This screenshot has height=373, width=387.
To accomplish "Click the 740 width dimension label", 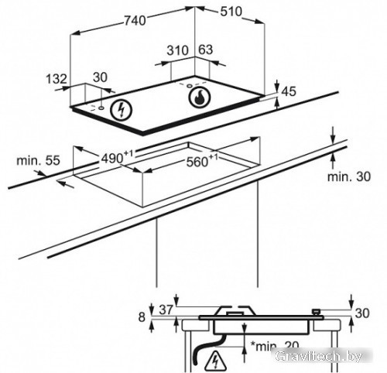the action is (135, 21).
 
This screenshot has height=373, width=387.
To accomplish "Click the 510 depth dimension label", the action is (231, 12).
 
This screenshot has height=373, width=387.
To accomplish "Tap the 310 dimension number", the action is (177, 50).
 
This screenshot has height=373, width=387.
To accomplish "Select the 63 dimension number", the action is (206, 50).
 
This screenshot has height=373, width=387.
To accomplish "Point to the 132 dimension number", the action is (57, 79).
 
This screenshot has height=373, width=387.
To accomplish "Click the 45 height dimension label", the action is (289, 91).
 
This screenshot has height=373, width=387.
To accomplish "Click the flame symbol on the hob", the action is (200, 98).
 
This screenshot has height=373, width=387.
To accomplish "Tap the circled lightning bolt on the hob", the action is (121, 110).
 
